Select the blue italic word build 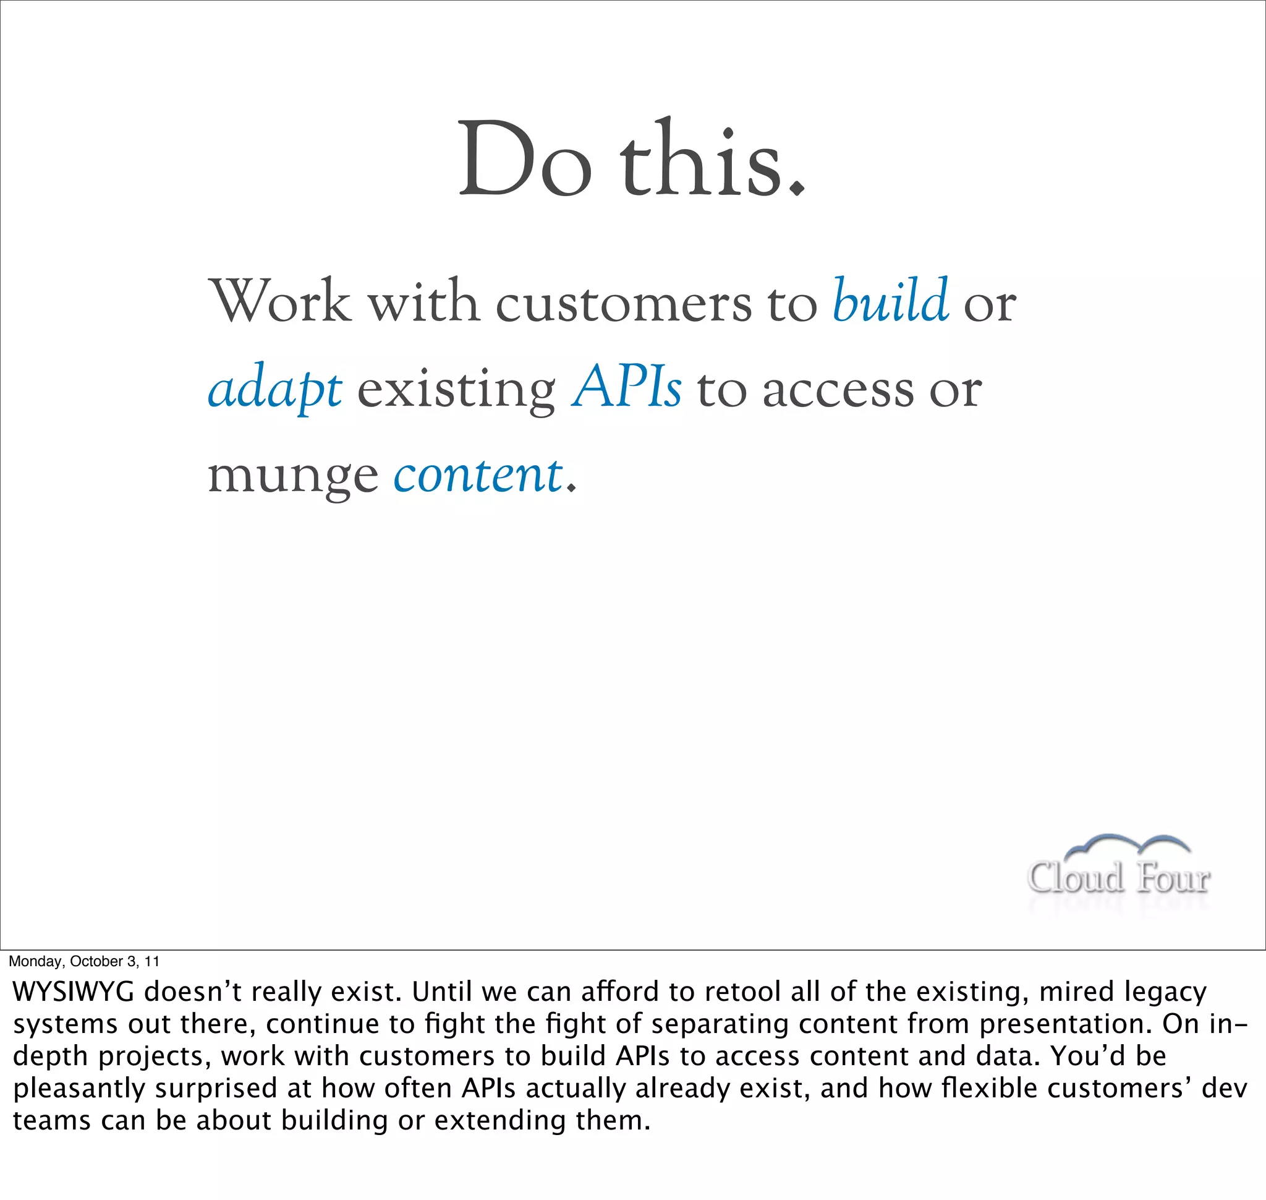click(x=890, y=301)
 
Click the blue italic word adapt click(x=275, y=389)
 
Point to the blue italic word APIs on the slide click(x=627, y=388)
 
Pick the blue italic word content click(x=478, y=475)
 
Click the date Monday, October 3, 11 click(x=83, y=961)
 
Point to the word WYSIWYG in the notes click(x=74, y=992)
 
